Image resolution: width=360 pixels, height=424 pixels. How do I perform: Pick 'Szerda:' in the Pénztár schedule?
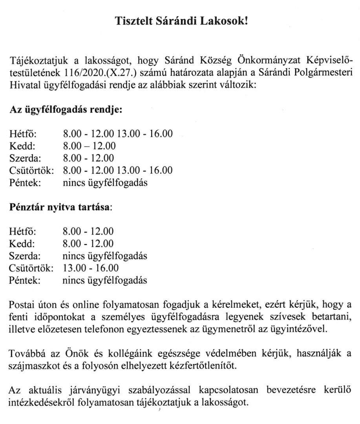point(25,256)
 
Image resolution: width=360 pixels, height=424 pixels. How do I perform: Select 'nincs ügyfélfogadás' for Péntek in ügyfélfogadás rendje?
point(105,183)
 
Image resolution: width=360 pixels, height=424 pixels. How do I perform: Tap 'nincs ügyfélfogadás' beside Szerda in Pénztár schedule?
point(105,256)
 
